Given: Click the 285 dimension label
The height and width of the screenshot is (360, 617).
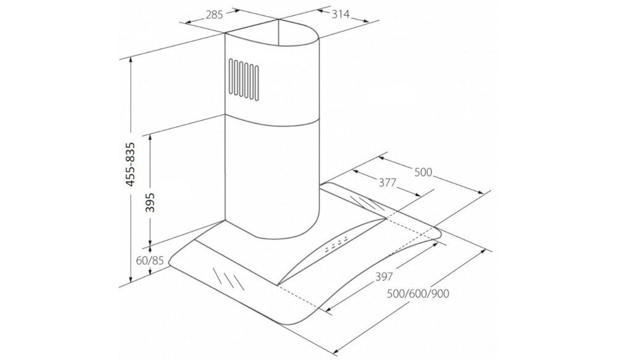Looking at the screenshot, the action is coord(215,15).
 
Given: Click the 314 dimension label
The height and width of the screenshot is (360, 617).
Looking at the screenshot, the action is coord(341,14).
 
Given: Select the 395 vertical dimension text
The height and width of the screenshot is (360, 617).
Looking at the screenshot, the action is coord(150,203).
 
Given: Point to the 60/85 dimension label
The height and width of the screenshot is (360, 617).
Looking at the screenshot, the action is coord(149,261).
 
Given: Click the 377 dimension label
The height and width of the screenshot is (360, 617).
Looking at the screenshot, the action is coord(387,182).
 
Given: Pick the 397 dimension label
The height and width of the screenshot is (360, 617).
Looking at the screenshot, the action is coord(384,277).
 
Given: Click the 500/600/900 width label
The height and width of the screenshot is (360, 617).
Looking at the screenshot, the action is coord(418,294).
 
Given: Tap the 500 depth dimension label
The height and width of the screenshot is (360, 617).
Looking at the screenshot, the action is coord(423,172).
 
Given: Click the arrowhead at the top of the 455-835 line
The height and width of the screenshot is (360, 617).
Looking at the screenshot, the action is coord(131,61).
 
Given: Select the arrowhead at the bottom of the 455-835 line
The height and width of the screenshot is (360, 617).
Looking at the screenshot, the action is coord(131,279).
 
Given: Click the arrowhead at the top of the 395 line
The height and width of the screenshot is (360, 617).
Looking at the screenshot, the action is coord(150,138).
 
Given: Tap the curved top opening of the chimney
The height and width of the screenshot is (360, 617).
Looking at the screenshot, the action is coord(272,33).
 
